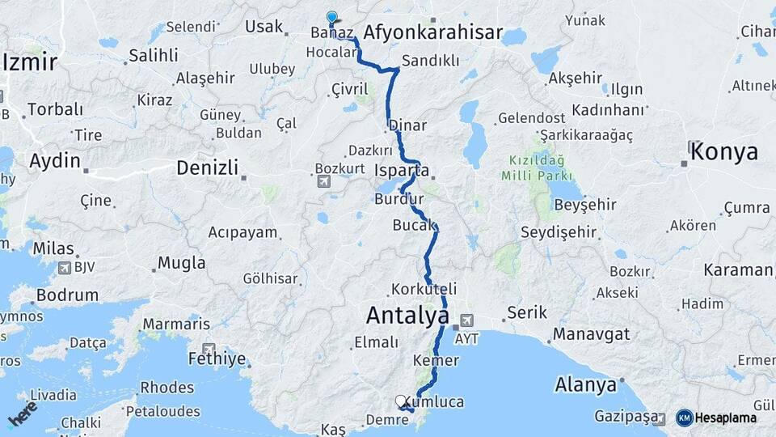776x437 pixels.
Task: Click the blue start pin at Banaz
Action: (x=331, y=17)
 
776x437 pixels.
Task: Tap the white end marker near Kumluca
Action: (x=400, y=400)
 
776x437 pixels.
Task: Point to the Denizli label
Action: (x=208, y=168)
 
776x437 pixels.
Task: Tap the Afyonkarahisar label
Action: (x=433, y=33)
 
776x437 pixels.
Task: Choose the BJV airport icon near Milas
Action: (x=65, y=267)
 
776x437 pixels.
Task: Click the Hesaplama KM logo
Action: (x=684, y=418)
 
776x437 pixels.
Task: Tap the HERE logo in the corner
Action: (x=22, y=413)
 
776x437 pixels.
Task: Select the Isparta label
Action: (x=402, y=171)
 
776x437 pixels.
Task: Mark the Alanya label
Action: (x=584, y=384)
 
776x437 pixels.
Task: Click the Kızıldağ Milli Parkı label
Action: (x=537, y=168)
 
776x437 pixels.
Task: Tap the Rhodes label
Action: (x=167, y=387)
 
